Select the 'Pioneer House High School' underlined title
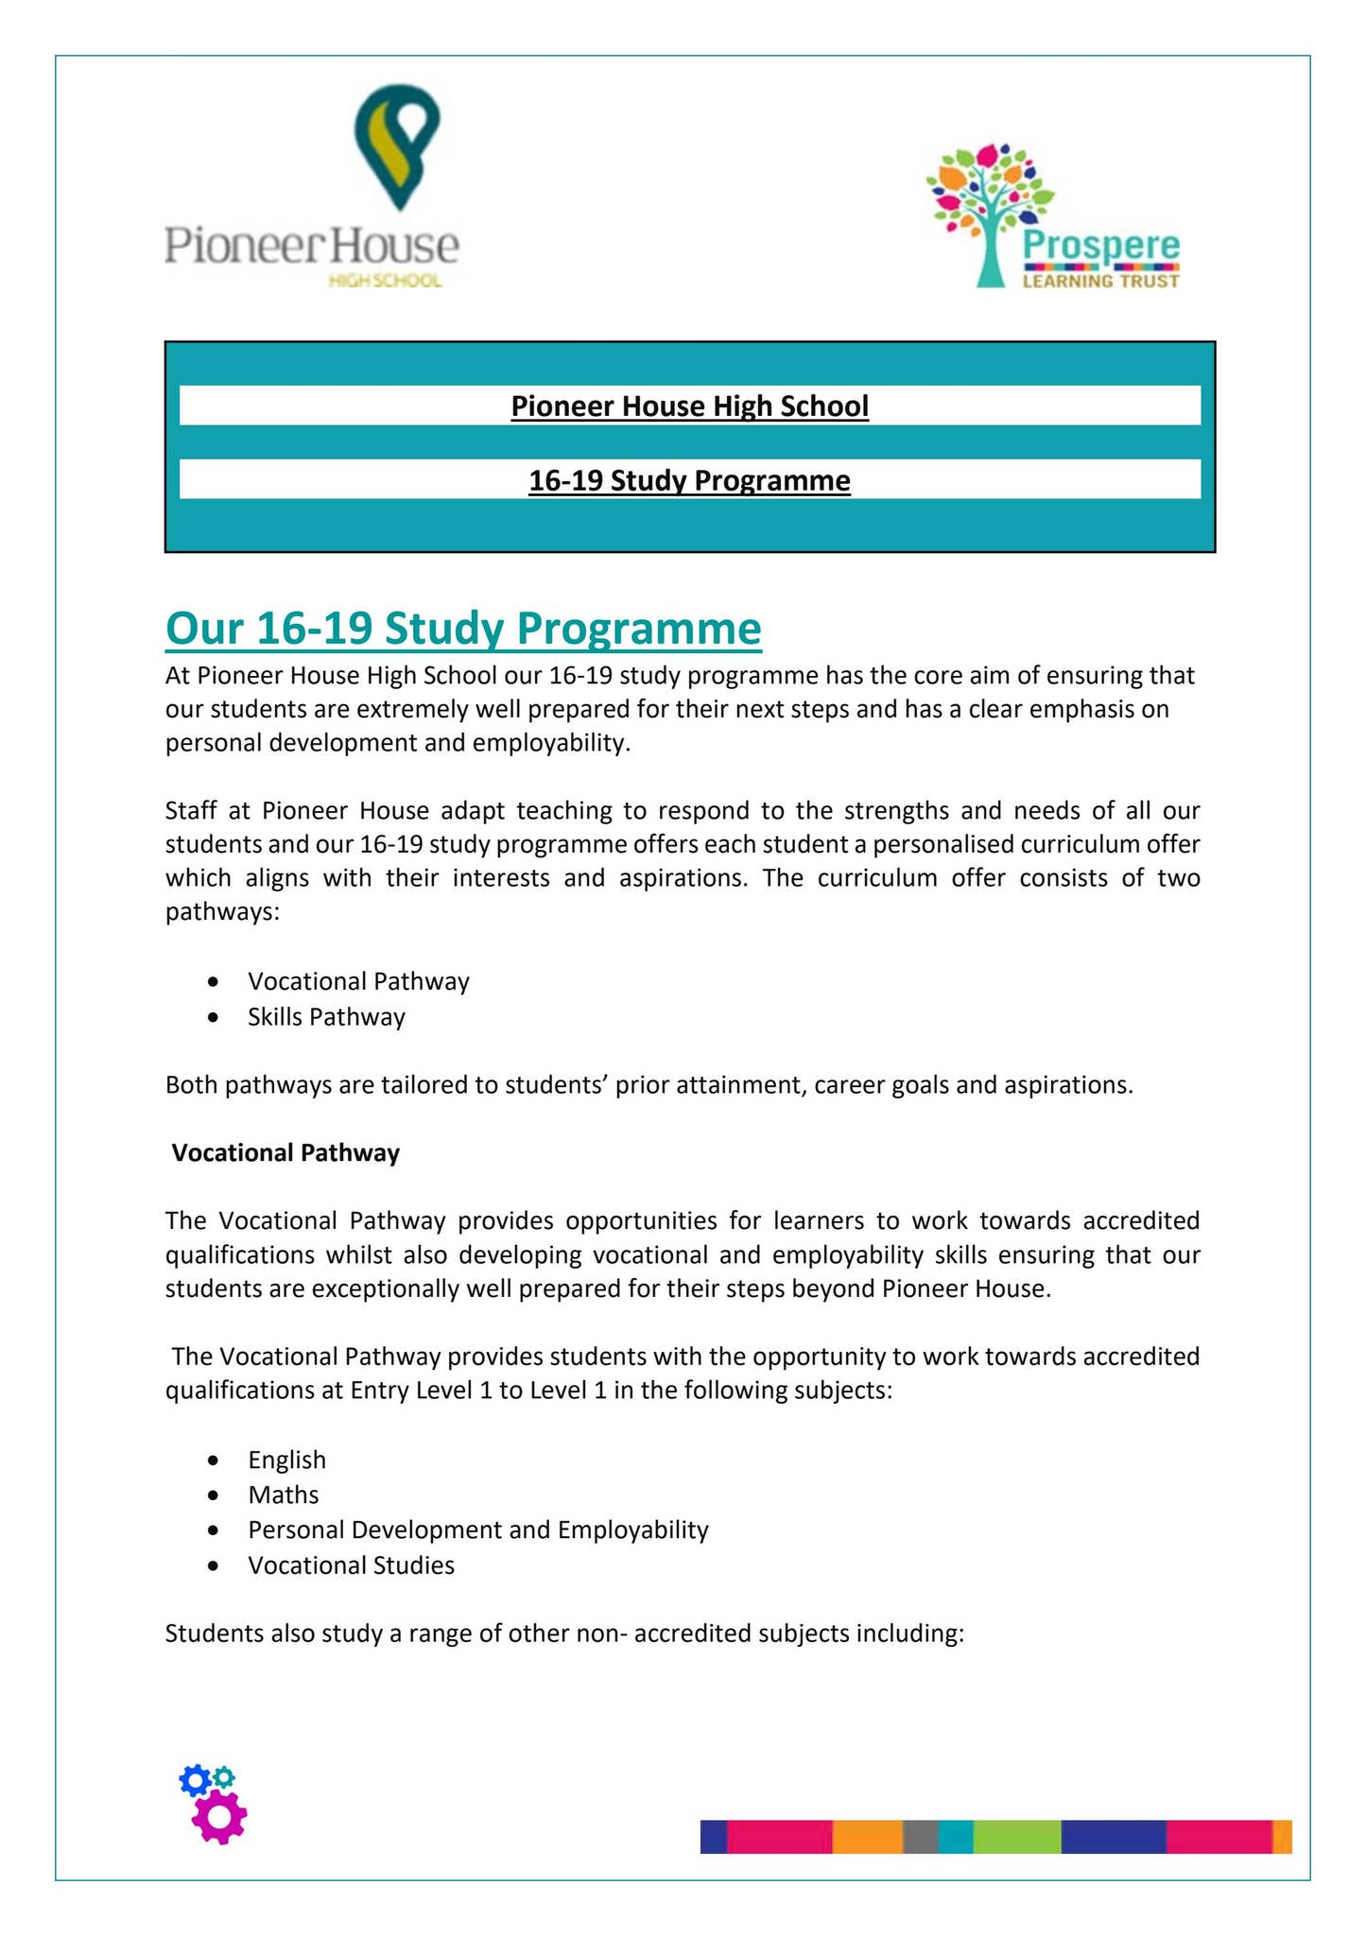(x=689, y=406)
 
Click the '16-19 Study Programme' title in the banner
(x=689, y=481)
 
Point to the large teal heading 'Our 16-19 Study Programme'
(x=463, y=629)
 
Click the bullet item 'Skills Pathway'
(x=326, y=1017)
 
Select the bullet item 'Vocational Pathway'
(x=358, y=981)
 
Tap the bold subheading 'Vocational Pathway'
(x=285, y=1152)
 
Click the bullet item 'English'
(x=286, y=1460)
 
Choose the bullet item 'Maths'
(x=283, y=1495)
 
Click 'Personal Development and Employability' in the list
(x=477, y=1530)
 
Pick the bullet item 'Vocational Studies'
(x=351, y=1565)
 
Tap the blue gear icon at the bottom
(x=195, y=1782)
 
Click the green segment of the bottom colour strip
(x=1016, y=1836)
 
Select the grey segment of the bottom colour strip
(x=920, y=1836)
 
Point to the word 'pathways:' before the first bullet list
(x=222, y=913)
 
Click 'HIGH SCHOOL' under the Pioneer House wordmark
(x=384, y=281)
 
